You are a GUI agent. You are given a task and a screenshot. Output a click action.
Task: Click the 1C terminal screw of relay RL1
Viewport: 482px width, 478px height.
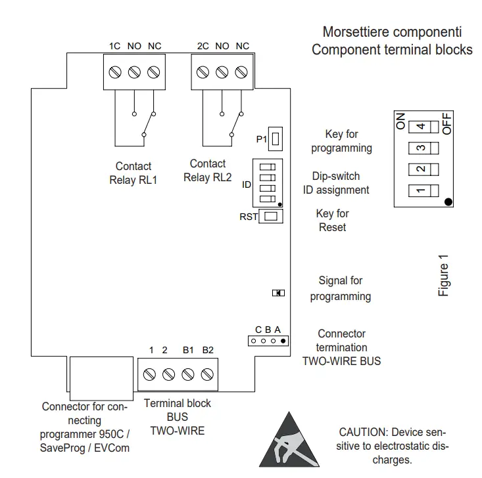click(x=114, y=70)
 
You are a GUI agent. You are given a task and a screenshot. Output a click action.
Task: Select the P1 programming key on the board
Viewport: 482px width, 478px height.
click(x=277, y=139)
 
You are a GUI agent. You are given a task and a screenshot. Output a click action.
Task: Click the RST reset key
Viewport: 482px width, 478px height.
click(x=271, y=216)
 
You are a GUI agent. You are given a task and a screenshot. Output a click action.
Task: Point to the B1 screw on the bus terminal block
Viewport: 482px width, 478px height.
click(x=188, y=374)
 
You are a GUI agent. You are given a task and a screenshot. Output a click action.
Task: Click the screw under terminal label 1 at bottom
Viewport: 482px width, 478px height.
click(x=149, y=374)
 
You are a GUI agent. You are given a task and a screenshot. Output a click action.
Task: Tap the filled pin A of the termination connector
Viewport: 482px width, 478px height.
click(x=283, y=341)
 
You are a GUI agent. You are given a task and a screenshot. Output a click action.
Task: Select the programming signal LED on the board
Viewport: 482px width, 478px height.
click(x=277, y=293)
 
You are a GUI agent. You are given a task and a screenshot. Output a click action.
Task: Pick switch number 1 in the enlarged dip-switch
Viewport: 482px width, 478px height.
click(x=419, y=192)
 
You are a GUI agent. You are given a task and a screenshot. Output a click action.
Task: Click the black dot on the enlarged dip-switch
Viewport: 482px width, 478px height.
click(x=448, y=202)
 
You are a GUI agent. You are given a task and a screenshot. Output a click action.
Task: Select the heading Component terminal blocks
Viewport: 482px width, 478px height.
click(x=392, y=50)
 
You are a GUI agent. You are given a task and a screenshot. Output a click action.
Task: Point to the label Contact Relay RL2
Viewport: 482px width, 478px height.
click(x=208, y=171)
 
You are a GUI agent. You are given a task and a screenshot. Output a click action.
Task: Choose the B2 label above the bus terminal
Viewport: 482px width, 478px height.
click(x=208, y=350)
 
